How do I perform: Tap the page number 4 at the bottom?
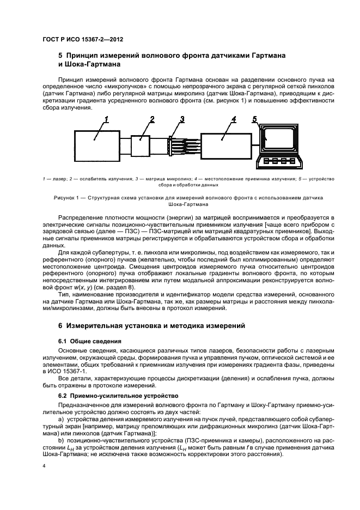[x=45, y=467]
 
